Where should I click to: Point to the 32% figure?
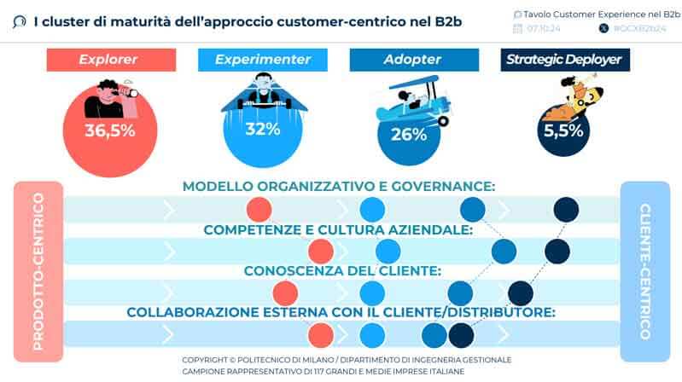click(262, 130)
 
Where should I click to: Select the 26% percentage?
click(408, 134)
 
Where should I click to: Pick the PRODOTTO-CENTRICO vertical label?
click(38, 270)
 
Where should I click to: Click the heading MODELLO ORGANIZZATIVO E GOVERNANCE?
click(339, 187)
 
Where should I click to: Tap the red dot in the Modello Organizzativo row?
click(259, 209)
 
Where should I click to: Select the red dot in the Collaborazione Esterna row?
click(320, 334)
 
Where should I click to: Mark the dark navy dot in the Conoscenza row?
click(521, 292)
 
